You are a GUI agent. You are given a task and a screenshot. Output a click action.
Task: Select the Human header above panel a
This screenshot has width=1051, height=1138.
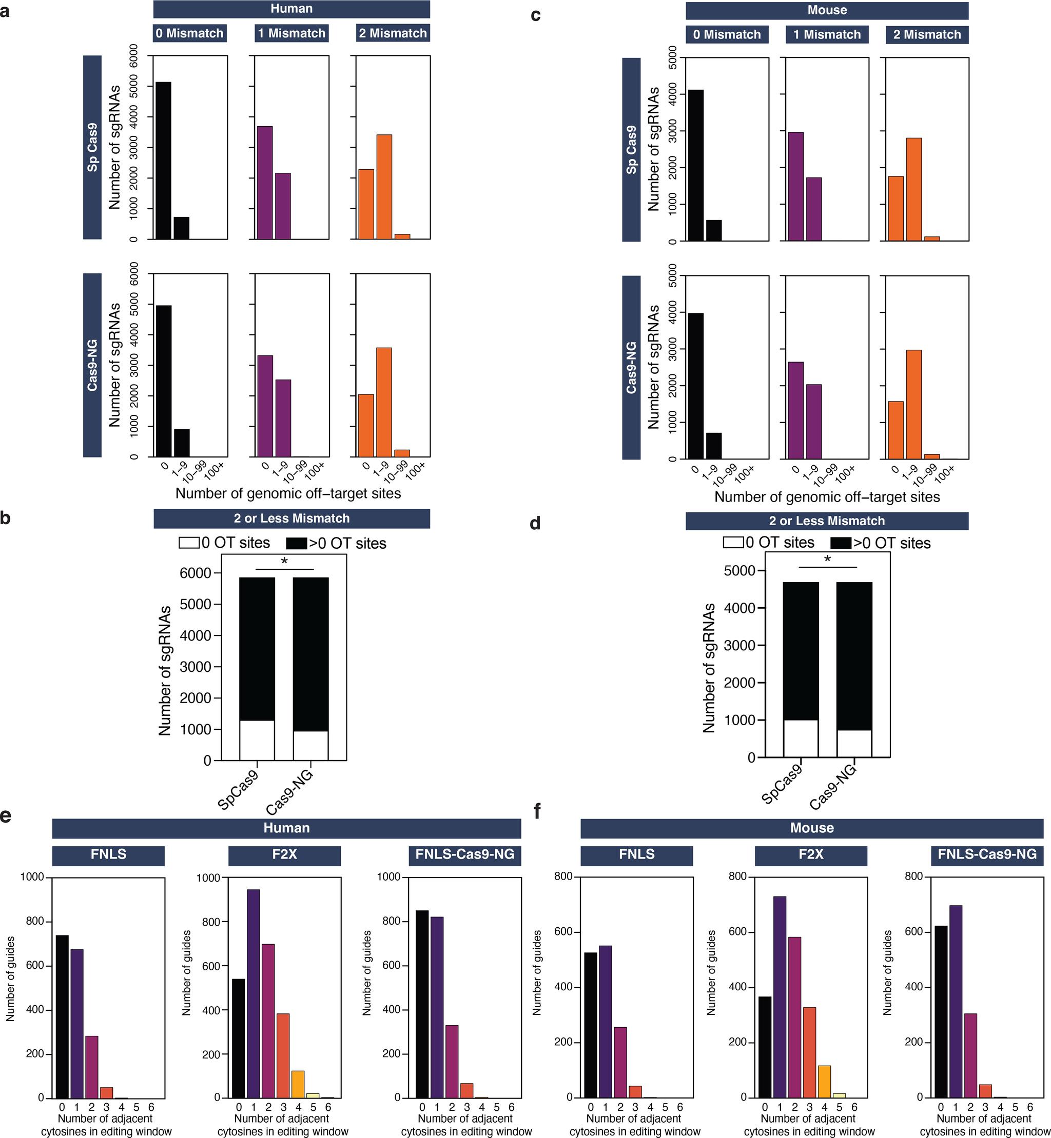tap(291, 9)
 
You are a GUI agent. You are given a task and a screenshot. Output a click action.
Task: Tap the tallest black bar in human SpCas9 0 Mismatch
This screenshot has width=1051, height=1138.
tap(163, 161)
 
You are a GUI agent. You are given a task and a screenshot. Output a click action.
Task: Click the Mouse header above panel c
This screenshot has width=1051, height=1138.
tap(826, 10)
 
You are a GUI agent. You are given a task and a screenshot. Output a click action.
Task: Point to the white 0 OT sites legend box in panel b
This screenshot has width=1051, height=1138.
tap(189, 543)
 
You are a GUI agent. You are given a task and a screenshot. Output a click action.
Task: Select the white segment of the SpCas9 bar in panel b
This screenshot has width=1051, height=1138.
tap(257, 740)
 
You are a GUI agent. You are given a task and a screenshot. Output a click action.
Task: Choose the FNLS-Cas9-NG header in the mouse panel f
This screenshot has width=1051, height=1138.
tap(987, 854)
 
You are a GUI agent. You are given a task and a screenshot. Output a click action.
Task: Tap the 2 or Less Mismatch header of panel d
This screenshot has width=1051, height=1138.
tap(826, 521)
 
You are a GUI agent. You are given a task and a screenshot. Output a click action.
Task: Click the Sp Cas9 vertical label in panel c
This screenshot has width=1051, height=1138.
tap(631, 150)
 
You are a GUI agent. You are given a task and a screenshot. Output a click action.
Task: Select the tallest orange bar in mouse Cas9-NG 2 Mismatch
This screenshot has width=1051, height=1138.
tap(913, 404)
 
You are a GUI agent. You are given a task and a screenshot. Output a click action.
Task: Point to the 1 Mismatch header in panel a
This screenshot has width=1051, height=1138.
tap(291, 33)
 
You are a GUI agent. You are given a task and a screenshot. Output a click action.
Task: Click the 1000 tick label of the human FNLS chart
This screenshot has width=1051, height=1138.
tap(32, 877)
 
